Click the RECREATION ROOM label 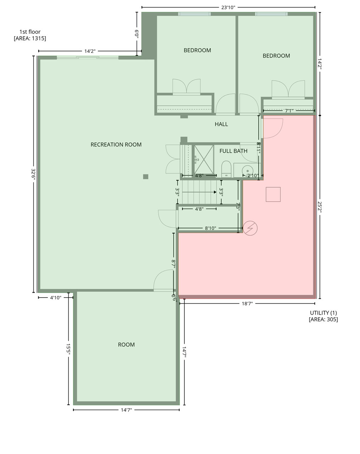(x=116, y=144)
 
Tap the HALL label (x=221, y=124)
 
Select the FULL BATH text (x=233, y=151)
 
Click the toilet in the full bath (x=226, y=169)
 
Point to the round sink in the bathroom (x=247, y=170)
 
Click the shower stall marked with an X (x=204, y=159)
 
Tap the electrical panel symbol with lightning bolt (x=250, y=228)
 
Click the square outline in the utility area (x=273, y=194)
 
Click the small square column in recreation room (x=146, y=177)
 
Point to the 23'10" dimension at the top (x=228, y=7)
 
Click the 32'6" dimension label (x=33, y=174)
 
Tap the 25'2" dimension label (x=320, y=207)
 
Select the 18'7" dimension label (x=247, y=304)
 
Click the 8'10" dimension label (x=210, y=228)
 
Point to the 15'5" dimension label (x=68, y=349)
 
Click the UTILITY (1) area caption (x=323, y=312)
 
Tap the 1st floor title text (x=30, y=32)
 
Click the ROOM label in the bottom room (x=126, y=344)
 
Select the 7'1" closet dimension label (x=289, y=111)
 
